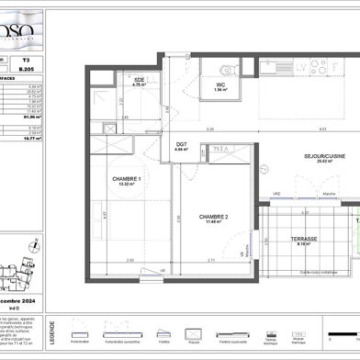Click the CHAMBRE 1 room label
127,178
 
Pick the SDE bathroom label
140,80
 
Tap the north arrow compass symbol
35,245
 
